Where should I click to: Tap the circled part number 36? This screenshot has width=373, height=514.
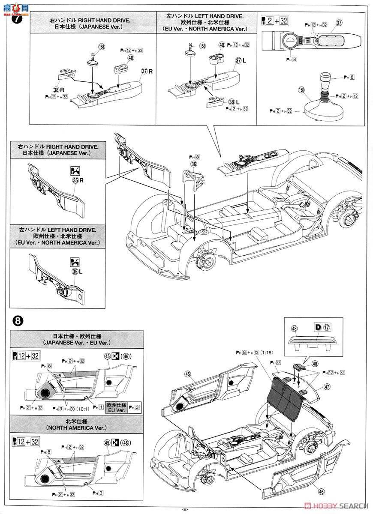pyautogui.click(x=194, y=164)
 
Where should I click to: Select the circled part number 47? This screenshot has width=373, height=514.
pyautogui.click(x=328, y=386)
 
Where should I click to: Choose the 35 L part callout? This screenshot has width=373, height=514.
pyautogui.click(x=76, y=272)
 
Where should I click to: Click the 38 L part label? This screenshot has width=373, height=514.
pyautogui.click(x=233, y=102)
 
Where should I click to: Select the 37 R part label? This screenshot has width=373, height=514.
pyautogui.click(x=147, y=71)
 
